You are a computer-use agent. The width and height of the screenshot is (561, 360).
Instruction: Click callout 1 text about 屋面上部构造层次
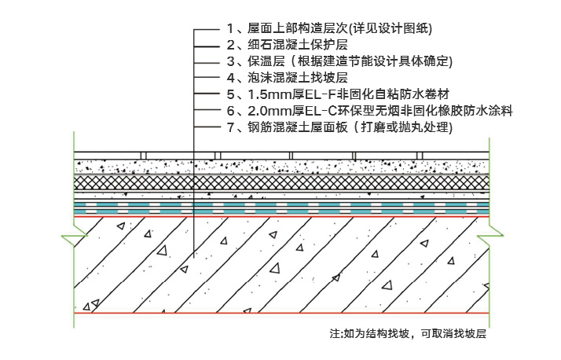[329, 28]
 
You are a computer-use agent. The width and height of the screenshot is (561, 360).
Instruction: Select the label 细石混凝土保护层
[288, 45]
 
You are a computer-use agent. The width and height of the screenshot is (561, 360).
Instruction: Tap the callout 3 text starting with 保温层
[339, 61]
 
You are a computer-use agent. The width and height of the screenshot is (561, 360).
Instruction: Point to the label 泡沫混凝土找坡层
[288, 78]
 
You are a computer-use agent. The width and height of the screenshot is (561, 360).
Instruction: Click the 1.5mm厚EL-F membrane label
[338, 94]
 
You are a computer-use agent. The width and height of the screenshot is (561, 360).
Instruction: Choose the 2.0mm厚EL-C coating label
[369, 111]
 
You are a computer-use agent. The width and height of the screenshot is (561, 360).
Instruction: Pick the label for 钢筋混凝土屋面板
[339, 127]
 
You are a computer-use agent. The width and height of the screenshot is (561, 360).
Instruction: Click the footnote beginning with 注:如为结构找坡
[409, 334]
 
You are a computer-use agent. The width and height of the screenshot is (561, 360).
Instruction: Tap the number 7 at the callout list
[231, 127]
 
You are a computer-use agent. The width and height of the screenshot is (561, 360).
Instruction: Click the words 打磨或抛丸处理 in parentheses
[405, 127]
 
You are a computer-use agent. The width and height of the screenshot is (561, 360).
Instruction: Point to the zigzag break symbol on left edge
[75, 236]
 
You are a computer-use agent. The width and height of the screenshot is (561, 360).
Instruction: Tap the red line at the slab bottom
[281, 313]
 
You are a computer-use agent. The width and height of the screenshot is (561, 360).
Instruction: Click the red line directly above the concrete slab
[281, 216]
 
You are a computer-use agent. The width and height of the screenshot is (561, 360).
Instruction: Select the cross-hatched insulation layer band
[281, 182]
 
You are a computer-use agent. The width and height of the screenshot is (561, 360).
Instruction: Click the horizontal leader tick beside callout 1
[207, 29]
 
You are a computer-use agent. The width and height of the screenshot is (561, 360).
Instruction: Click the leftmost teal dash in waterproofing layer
[81, 208]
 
